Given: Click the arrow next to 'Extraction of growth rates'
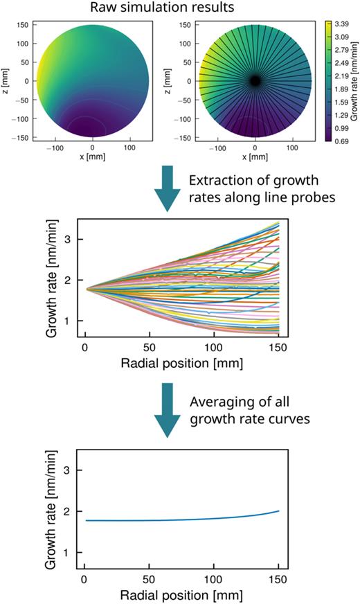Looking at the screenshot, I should pyautogui.click(x=169, y=189).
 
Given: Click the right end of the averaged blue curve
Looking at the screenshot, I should pyautogui.click(x=278, y=510).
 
